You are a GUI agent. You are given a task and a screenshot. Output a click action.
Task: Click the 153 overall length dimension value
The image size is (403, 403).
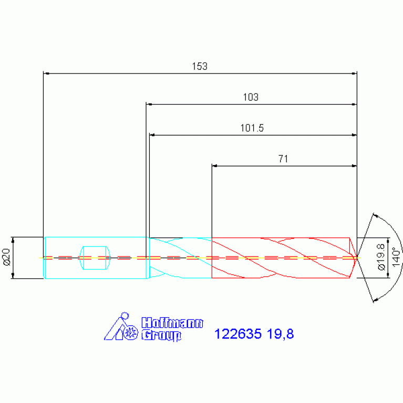(200, 66)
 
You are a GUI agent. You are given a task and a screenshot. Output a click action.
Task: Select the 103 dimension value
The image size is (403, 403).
(251, 97)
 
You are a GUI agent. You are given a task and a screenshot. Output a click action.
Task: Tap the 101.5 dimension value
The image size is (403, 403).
(252, 128)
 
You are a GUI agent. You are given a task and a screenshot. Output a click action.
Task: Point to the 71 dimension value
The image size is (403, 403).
(283, 159)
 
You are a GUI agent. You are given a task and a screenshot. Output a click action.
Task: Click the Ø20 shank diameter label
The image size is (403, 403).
(6, 257)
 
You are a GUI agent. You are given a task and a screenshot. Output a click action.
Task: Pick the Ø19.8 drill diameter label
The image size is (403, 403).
(381, 257)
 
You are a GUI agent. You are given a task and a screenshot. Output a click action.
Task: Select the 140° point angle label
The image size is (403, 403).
(396, 257)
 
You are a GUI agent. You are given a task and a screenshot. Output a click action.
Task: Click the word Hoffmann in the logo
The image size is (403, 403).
(172, 323)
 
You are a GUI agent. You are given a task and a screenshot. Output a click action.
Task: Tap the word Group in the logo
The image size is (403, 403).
(161, 335)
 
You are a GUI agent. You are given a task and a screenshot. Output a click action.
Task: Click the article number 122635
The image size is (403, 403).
(237, 334)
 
